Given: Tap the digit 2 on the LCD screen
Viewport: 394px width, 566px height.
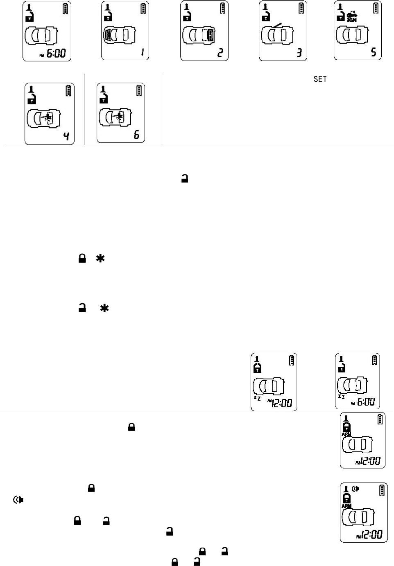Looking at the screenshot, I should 220,53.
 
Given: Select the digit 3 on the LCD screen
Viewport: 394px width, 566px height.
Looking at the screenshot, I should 299,53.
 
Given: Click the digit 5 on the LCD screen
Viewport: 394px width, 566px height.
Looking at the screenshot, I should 374,52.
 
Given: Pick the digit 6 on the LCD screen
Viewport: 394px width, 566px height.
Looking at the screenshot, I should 136,134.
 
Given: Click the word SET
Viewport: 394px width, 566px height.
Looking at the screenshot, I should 320,79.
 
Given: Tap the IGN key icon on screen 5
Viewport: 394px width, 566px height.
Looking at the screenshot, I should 351,17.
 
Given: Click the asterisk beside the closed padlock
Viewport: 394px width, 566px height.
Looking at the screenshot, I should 100,258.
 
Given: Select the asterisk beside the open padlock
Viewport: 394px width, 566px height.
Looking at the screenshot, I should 104,309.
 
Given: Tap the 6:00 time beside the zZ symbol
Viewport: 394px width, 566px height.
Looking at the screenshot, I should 366,402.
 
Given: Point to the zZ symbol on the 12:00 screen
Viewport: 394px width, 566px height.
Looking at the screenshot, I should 257,397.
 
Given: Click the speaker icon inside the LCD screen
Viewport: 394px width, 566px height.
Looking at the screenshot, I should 356,488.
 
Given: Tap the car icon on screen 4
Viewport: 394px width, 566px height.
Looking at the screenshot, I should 43,118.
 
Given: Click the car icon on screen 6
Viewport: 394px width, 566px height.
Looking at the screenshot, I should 115,117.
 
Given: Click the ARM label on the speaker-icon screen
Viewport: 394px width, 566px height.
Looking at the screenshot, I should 346,506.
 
